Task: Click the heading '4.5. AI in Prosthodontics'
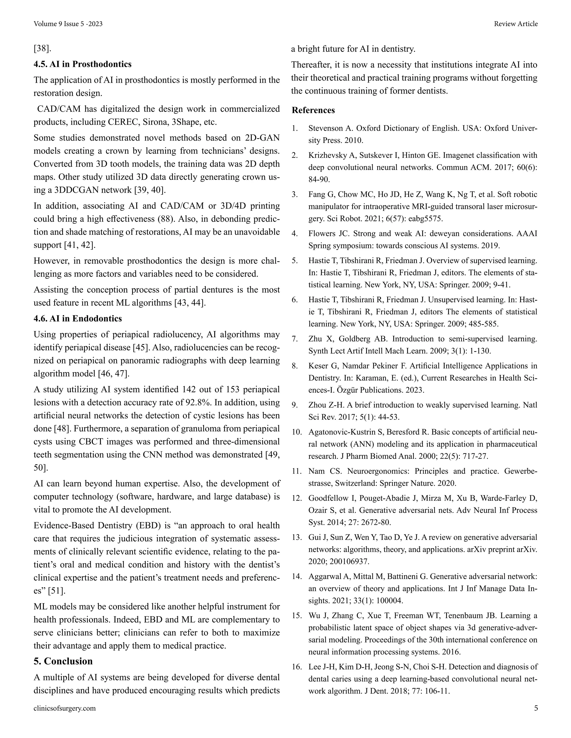point(83,64)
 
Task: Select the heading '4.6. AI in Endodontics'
point(78,318)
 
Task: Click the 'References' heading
point(313,110)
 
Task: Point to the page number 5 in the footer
point(536,708)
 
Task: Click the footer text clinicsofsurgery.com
point(65,708)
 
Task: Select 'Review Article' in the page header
point(516,24)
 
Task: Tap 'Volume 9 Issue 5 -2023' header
point(68,24)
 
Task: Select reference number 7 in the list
point(295,339)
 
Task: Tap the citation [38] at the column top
point(42,48)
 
